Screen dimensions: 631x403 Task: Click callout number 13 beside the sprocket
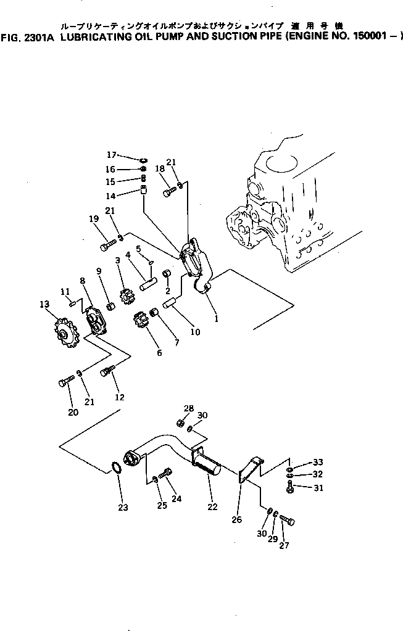[x=43, y=304]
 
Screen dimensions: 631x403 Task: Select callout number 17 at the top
[x=111, y=154]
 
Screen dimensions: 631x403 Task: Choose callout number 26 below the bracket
[x=236, y=520]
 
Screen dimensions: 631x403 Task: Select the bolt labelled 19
[x=104, y=247]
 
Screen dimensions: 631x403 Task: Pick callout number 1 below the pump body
[x=216, y=319]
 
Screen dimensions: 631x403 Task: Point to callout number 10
[x=195, y=332]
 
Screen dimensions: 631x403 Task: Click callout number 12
[x=119, y=397]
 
